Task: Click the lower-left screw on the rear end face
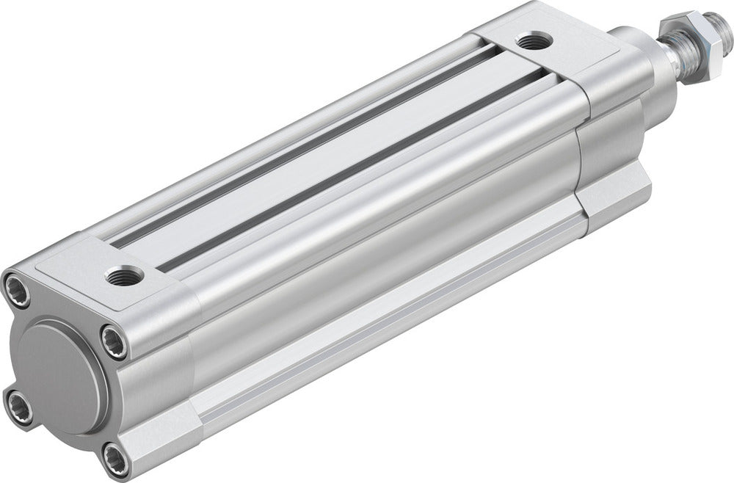16,402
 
